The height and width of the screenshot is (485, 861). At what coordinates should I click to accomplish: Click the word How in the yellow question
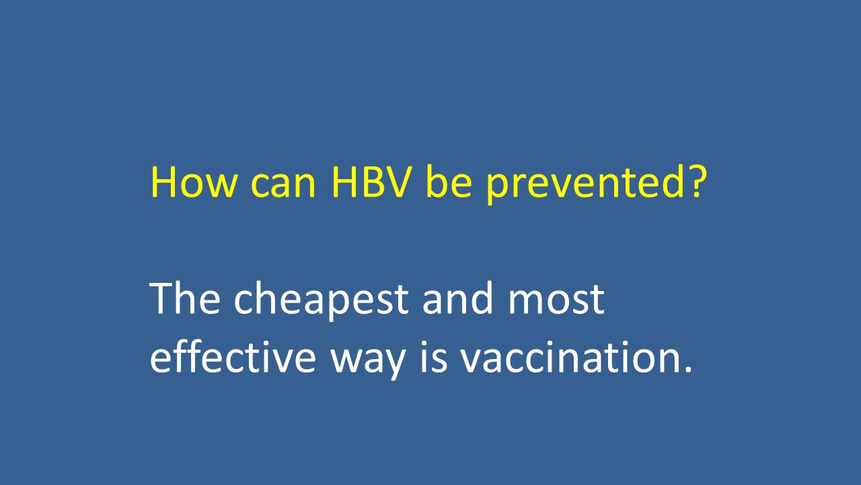[193, 182]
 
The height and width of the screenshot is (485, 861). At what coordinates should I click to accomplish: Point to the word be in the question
[449, 181]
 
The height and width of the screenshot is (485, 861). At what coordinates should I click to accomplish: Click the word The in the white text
[185, 298]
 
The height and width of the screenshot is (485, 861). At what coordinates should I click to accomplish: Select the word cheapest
[321, 300]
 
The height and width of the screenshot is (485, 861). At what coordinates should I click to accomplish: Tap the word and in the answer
[458, 298]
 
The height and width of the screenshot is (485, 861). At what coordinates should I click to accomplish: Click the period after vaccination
[687, 368]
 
